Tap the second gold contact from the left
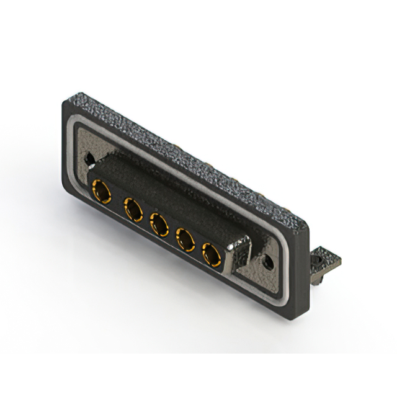pyautogui.click(x=133, y=210)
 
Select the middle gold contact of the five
pyautogui.click(x=159, y=225)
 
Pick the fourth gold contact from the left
pyautogui.click(x=185, y=239)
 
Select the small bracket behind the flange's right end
pyautogui.click(x=324, y=262)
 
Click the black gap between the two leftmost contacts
pyautogui.click(x=117, y=202)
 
